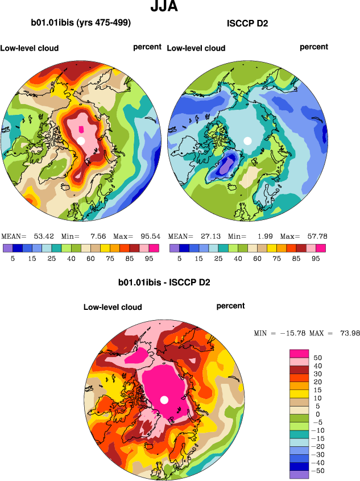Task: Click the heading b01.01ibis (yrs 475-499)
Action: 81,23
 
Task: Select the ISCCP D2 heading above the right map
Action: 247,23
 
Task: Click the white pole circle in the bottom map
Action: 164,400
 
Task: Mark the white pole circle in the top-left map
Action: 81,140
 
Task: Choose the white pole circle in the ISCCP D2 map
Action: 247,140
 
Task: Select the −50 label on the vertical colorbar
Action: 318,471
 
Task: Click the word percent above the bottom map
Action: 230,306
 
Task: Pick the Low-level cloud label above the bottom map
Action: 113,307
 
